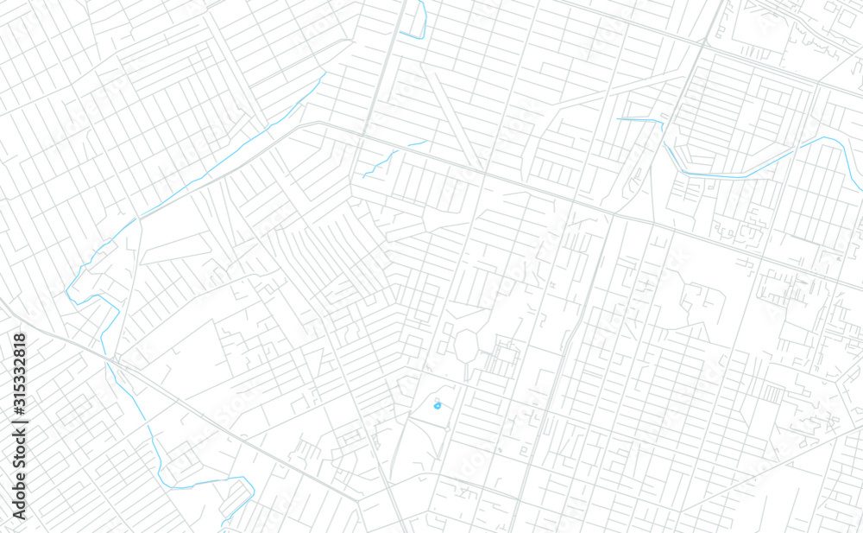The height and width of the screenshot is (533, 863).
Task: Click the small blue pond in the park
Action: click(438, 403)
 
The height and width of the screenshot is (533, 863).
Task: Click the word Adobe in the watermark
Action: click(20, 495)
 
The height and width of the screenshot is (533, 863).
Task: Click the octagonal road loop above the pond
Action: click(466, 346)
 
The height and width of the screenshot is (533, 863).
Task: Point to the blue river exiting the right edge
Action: click(854, 173)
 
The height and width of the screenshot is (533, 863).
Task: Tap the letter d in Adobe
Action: click(20, 502)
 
